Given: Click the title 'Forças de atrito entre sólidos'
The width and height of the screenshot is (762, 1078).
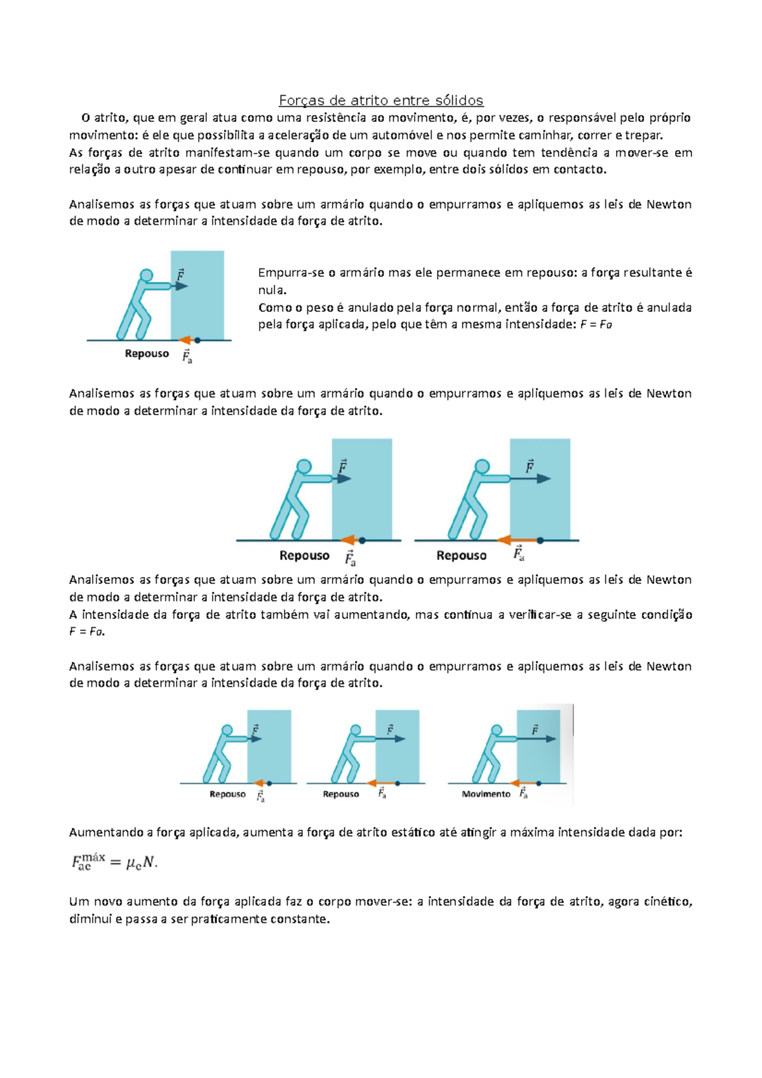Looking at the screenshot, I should (381, 100).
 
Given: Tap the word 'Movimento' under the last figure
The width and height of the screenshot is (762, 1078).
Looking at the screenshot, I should (486, 794).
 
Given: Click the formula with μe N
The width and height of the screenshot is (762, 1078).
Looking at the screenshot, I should (114, 862).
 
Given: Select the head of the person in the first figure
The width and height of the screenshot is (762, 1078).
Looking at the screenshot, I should (147, 276).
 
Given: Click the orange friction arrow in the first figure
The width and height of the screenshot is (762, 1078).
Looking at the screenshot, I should (185, 340).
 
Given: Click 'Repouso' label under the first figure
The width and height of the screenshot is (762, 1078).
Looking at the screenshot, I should (147, 354).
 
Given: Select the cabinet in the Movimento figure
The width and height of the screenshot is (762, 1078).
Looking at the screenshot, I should (538, 747).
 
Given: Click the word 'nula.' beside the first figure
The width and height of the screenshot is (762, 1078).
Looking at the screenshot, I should (272, 290).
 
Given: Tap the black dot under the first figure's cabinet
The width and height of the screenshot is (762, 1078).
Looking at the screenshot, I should (197, 340).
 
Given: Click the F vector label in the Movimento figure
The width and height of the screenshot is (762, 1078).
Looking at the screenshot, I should (535, 730).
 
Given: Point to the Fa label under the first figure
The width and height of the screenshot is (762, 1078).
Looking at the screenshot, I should (187, 357).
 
